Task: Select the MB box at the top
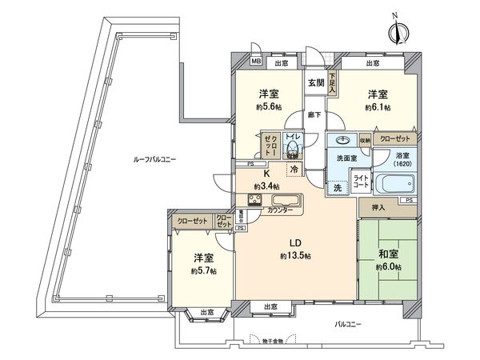(x=257, y=62)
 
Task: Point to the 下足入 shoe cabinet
(x=332, y=82)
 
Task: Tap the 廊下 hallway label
(x=314, y=114)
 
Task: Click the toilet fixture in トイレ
(x=293, y=150)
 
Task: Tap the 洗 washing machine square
(x=337, y=186)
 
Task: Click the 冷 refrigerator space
(x=294, y=170)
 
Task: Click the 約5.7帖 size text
(x=203, y=270)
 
